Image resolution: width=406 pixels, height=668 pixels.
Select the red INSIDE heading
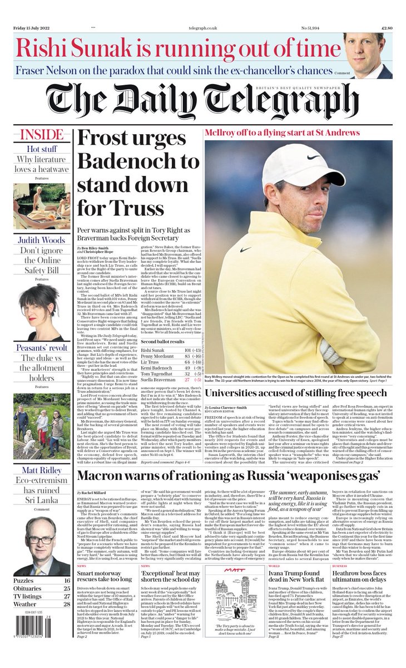(41, 135)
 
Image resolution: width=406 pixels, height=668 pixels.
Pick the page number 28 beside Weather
(66, 604)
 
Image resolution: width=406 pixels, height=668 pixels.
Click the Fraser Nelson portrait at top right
(367, 55)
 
